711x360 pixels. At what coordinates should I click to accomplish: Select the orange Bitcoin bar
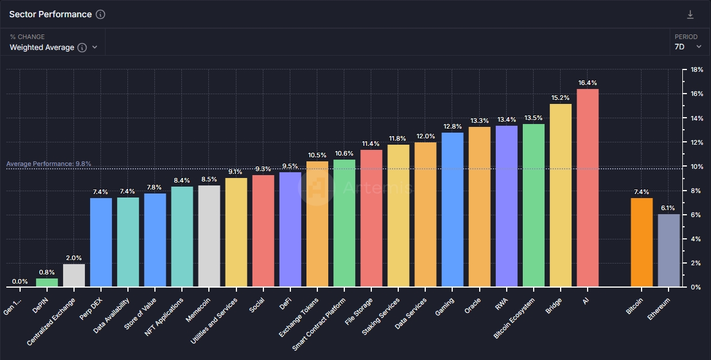642,242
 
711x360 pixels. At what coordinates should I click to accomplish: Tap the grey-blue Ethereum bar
669,250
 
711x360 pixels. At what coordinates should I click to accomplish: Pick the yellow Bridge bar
560,195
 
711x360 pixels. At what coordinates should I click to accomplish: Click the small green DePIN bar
47,282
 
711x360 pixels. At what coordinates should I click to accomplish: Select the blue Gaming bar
452,210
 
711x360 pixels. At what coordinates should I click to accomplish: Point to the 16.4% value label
587,83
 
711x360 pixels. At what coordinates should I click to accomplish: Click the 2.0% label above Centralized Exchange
74,258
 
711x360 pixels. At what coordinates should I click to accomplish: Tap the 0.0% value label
20,281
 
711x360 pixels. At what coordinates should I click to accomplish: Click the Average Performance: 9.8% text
49,164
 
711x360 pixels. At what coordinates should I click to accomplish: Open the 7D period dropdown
688,47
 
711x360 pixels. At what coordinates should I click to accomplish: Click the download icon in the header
690,14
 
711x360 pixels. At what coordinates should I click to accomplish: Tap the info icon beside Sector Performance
100,14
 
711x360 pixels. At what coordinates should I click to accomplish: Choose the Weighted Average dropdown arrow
95,48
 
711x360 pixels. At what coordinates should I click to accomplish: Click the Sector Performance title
50,14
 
